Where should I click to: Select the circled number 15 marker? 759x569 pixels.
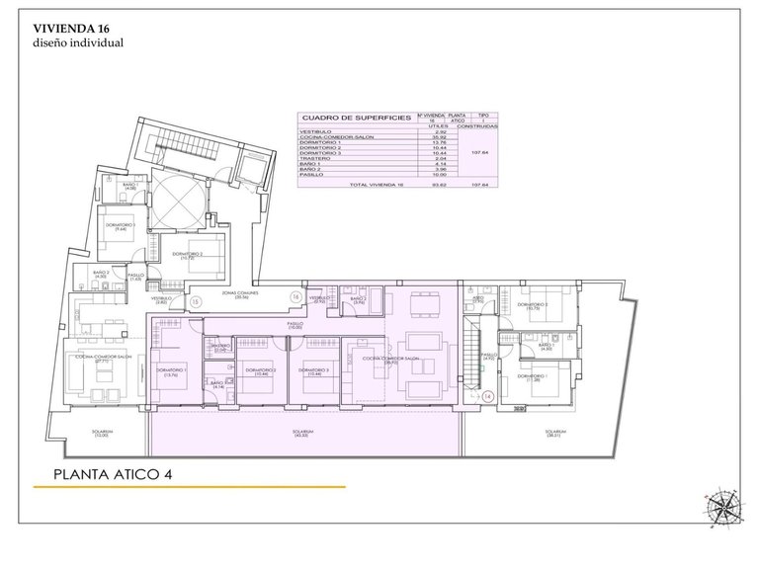tap(195, 300)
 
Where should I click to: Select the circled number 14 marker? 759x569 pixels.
tap(487, 396)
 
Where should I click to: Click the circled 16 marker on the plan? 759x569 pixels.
tap(295, 295)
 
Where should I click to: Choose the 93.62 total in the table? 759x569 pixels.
tap(432, 185)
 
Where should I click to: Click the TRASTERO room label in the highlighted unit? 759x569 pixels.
tap(220, 347)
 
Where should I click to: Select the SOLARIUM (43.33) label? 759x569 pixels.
tap(302, 433)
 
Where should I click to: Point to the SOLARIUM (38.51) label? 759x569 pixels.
tap(555, 433)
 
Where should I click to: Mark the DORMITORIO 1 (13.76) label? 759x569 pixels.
tap(171, 371)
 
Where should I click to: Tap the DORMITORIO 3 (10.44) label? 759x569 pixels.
tap(318, 371)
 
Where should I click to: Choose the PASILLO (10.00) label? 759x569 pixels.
tap(295, 325)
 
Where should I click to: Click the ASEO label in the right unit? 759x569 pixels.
tap(478, 298)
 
